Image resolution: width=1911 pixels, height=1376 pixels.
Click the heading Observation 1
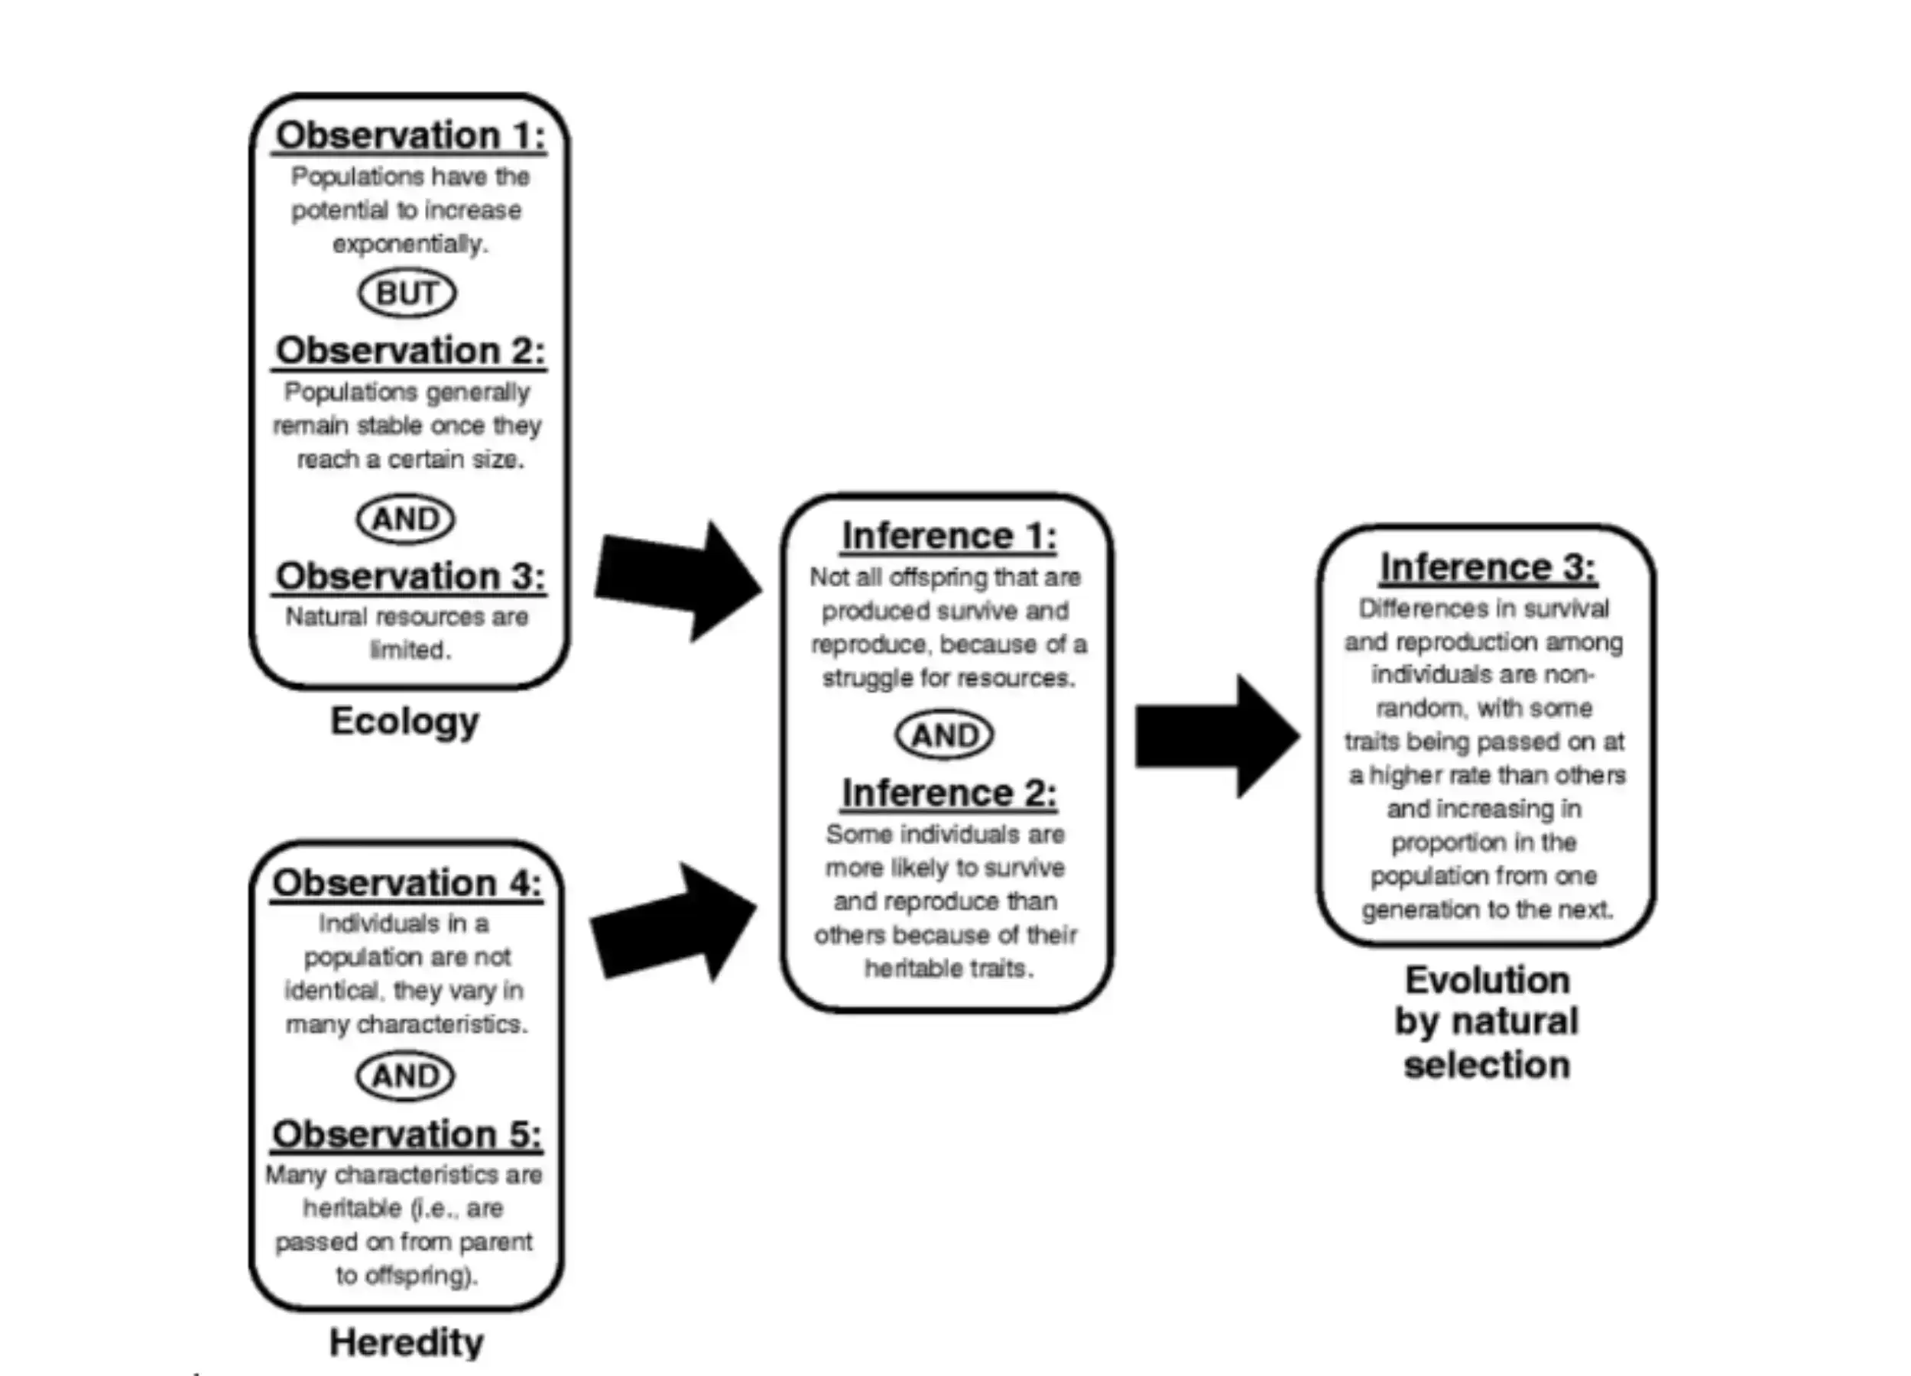(410, 135)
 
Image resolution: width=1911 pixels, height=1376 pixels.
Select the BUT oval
(407, 294)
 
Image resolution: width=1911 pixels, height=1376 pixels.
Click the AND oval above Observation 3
(405, 519)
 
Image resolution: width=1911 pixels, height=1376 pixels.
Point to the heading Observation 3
(410, 576)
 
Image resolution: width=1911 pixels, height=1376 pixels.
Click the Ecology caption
(404, 722)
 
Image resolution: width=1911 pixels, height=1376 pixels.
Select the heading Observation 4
(407, 883)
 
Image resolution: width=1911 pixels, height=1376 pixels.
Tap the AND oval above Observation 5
(405, 1076)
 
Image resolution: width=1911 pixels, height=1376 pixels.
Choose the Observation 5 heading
(407, 1134)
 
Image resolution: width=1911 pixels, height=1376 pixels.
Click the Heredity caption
(406, 1342)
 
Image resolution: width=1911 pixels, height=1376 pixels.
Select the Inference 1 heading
(949, 536)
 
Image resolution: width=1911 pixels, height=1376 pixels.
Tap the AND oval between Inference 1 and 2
(945, 735)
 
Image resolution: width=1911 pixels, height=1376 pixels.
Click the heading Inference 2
(949, 793)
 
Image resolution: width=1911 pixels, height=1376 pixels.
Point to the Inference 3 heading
(1488, 567)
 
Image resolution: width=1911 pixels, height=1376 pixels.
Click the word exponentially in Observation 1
(410, 245)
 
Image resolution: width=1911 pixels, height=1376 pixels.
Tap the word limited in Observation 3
(410, 650)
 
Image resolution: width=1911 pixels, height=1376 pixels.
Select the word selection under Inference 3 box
(1486, 1065)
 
